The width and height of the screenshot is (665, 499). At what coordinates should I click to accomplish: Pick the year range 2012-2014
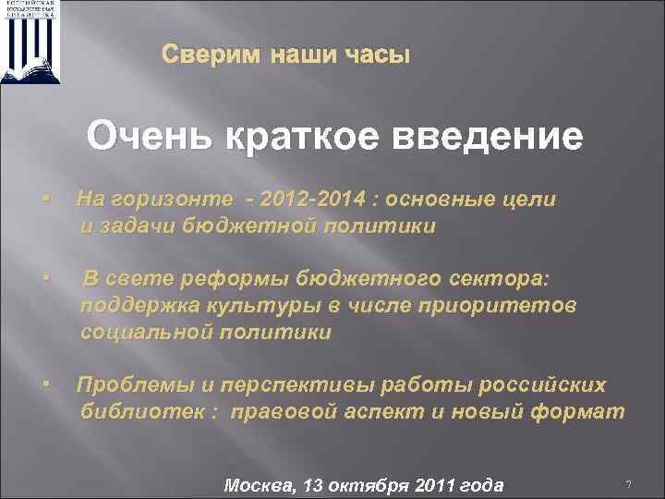coord(313,199)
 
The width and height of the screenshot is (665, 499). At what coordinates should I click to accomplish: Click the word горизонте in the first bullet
coord(168,199)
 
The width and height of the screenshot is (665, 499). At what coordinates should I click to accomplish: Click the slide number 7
coord(628,484)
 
